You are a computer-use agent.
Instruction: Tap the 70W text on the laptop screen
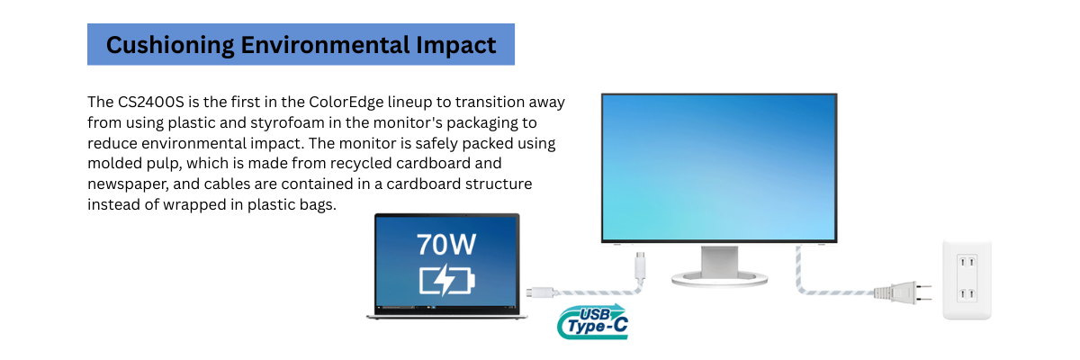(x=446, y=245)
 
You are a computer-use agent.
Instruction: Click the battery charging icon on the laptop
(x=446, y=279)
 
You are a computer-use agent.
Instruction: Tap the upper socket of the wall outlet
(x=967, y=263)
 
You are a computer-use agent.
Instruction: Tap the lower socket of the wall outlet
(x=967, y=295)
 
